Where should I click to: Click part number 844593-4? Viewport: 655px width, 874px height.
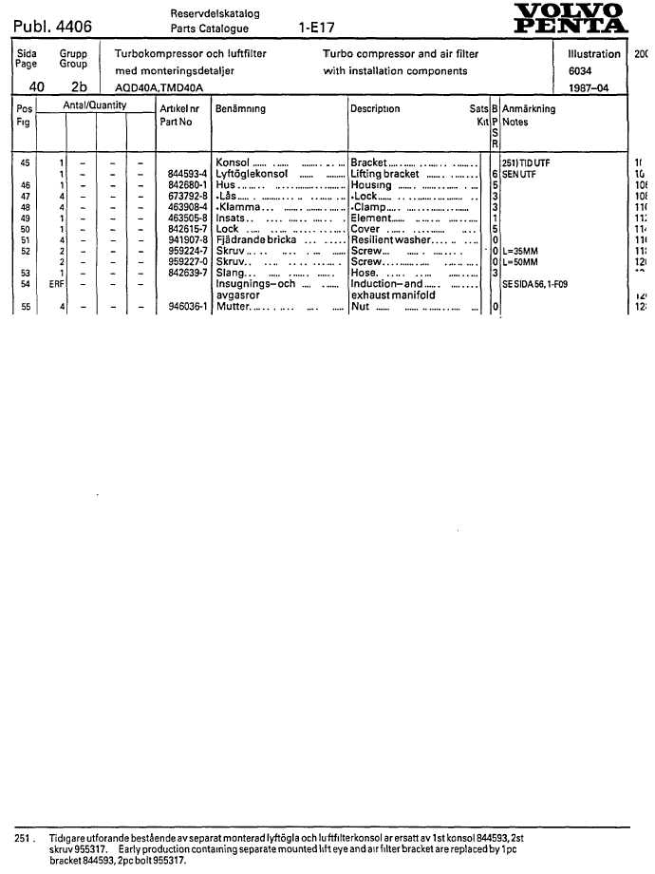(187, 174)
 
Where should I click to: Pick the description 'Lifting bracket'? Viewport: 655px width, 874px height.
(384, 174)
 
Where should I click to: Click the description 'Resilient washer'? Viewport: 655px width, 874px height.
(391, 240)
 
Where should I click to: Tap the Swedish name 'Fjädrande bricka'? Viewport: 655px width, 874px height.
(256, 240)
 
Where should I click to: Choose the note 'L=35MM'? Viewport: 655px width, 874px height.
(520, 251)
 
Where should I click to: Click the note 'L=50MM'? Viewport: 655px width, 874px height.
(520, 261)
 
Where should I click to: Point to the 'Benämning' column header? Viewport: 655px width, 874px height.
(241, 109)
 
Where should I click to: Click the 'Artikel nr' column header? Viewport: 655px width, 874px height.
(178, 109)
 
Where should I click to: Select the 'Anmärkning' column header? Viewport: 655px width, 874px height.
(529, 109)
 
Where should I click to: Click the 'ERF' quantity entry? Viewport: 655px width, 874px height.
(56, 283)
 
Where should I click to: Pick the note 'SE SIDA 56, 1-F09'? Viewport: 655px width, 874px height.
(535, 284)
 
